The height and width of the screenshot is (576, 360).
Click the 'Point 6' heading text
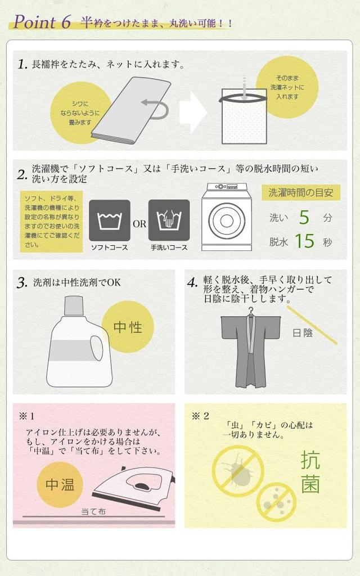42,22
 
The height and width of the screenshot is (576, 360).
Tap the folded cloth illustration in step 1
131,110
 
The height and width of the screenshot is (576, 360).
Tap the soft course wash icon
109,220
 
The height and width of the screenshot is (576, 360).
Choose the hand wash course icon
169,220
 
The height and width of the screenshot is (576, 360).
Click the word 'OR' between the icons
139,224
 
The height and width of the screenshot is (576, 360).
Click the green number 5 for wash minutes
304,217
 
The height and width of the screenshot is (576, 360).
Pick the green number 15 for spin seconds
304,241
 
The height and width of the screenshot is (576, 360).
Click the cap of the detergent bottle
74,306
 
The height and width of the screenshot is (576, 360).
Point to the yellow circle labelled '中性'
128,327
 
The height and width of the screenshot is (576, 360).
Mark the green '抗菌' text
310,472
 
